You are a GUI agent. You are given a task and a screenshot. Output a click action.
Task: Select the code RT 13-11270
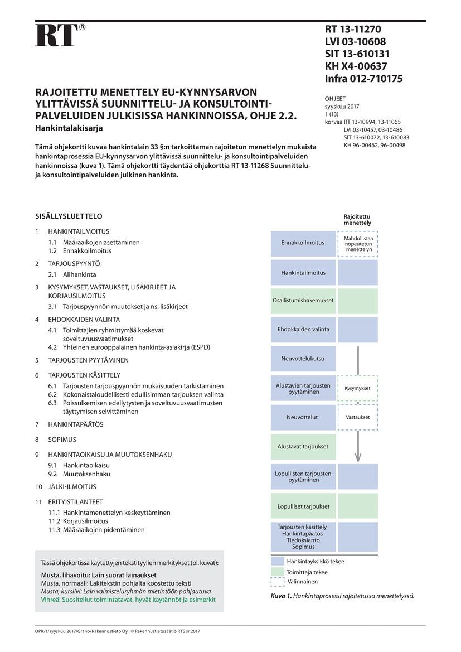353,30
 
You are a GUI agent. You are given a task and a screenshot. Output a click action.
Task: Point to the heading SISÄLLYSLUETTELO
69,216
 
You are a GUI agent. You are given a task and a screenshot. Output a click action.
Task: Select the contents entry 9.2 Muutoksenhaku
79,474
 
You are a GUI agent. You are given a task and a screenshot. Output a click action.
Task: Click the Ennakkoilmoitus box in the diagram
303,243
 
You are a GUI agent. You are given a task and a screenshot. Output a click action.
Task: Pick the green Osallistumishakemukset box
303,301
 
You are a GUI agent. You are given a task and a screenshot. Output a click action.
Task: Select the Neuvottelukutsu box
303,359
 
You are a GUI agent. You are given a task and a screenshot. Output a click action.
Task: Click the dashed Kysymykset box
357,388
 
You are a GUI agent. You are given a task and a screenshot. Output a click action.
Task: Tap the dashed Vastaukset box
357,417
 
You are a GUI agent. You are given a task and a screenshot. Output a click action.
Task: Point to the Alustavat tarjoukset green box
303,447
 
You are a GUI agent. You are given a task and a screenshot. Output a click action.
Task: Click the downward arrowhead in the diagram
358,456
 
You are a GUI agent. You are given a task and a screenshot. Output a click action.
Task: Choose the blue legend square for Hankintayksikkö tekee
277,562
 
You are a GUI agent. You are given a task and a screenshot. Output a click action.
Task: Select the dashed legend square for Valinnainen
277,582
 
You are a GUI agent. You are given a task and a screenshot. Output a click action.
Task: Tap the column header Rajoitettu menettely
357,219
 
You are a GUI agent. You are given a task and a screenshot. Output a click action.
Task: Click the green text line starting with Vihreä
128,600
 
